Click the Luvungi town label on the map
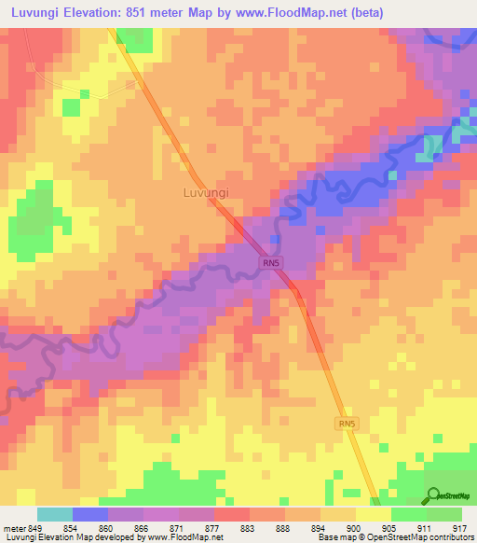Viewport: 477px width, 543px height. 204,193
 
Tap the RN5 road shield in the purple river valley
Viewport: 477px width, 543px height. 270,265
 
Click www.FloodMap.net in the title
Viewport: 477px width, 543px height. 296,12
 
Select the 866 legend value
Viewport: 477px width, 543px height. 142,528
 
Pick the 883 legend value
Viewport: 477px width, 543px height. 248,528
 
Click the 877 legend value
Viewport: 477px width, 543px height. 212,528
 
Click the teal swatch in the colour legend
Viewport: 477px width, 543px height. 55,514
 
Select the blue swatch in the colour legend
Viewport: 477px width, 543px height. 90,514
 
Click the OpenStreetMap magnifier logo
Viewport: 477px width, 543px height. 432,495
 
